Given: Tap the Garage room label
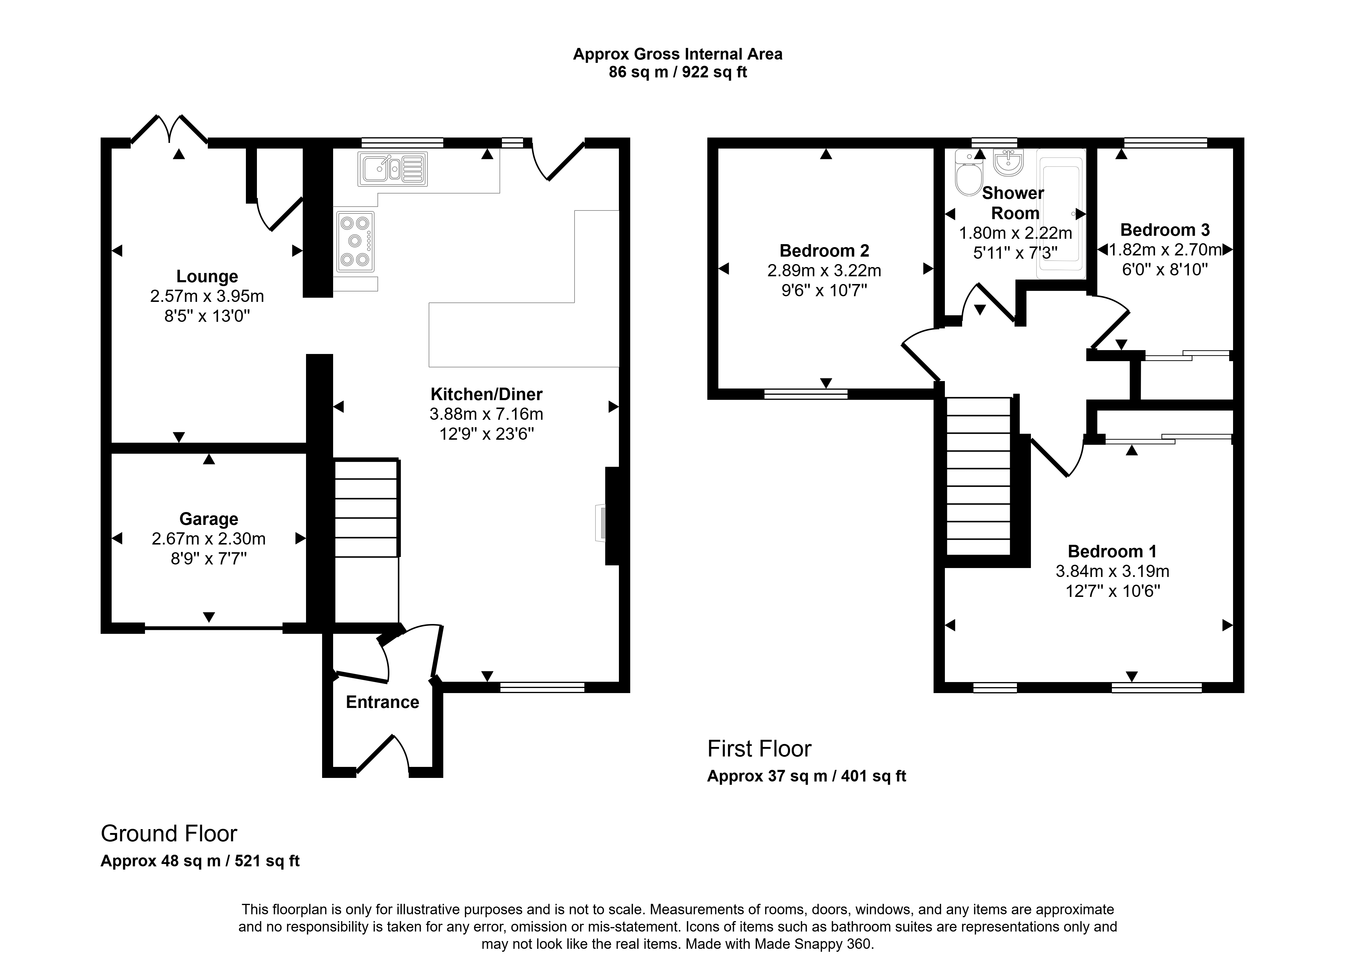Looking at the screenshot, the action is click(209, 519).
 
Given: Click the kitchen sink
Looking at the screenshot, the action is click(393, 169).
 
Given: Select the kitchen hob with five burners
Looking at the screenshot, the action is click(355, 241).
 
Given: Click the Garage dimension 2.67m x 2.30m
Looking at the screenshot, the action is click(209, 539).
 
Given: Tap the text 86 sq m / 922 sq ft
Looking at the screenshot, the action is click(678, 72).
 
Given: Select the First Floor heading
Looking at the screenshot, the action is click(759, 748).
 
